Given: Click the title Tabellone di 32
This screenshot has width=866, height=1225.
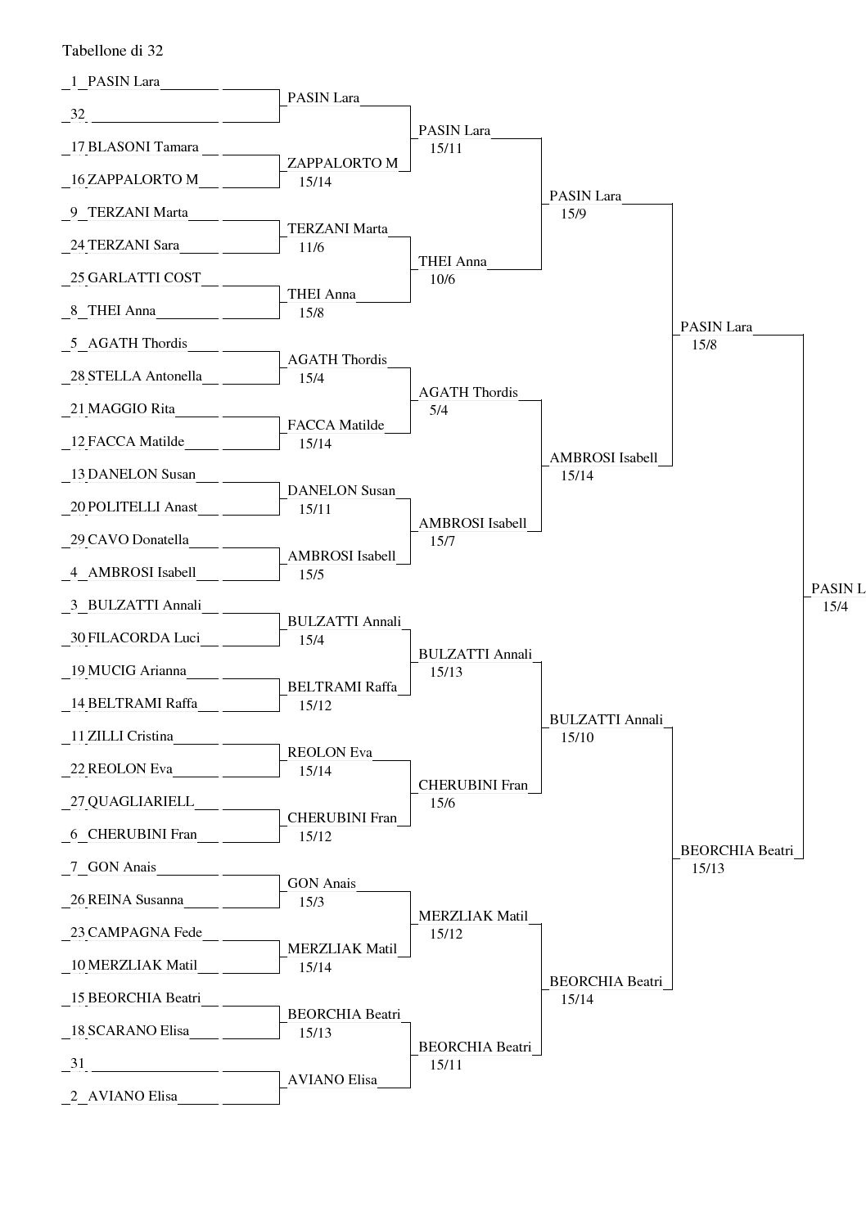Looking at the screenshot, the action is (113, 51).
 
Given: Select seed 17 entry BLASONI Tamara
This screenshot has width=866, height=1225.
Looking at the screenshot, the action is (142, 147).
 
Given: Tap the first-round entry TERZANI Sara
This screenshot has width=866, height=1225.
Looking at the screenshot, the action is (133, 245).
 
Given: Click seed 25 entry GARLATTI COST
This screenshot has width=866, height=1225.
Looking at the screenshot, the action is (144, 277).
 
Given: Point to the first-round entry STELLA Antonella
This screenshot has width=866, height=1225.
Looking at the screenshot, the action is (144, 376).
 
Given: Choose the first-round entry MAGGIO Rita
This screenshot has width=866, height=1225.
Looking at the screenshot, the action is (131, 409).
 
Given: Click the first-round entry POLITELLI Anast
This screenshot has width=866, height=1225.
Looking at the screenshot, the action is (142, 507).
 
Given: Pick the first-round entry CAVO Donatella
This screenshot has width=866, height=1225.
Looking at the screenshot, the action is (138, 540).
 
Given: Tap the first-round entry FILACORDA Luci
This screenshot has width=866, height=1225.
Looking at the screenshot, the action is (143, 638).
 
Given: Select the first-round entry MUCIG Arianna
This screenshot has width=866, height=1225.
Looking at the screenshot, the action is (137, 671).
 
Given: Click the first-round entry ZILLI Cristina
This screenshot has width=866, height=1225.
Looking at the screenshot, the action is (130, 736).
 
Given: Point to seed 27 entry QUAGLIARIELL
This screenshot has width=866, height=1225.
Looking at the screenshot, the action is (141, 802).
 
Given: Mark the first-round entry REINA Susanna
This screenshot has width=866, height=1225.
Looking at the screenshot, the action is (135, 900).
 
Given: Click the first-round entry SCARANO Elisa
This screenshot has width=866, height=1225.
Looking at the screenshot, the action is (138, 1031).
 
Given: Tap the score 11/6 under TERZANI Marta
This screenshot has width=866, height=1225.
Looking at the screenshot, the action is (311, 248).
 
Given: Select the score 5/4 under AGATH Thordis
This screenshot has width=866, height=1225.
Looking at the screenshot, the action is (438, 411).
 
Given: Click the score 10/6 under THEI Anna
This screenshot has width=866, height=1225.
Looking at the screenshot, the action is (442, 280).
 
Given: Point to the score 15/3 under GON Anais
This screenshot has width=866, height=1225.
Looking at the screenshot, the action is (311, 903).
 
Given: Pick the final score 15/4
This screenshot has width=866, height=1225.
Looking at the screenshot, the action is (836, 607).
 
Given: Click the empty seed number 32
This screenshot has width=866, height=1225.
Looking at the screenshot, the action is (78, 115).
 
